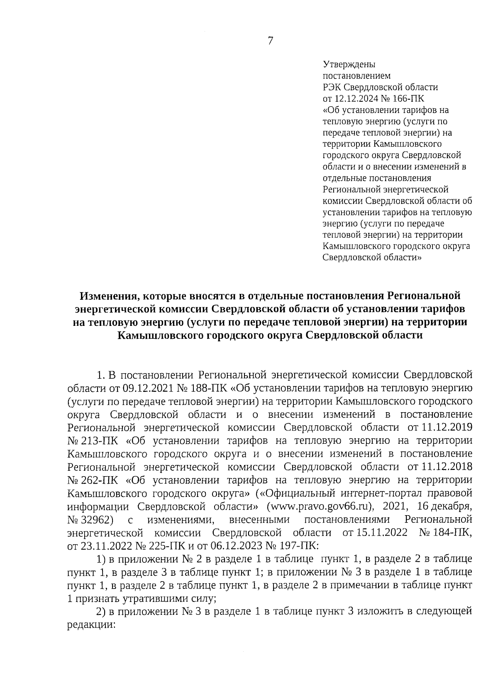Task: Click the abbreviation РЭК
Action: pyautogui.click(x=332, y=88)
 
